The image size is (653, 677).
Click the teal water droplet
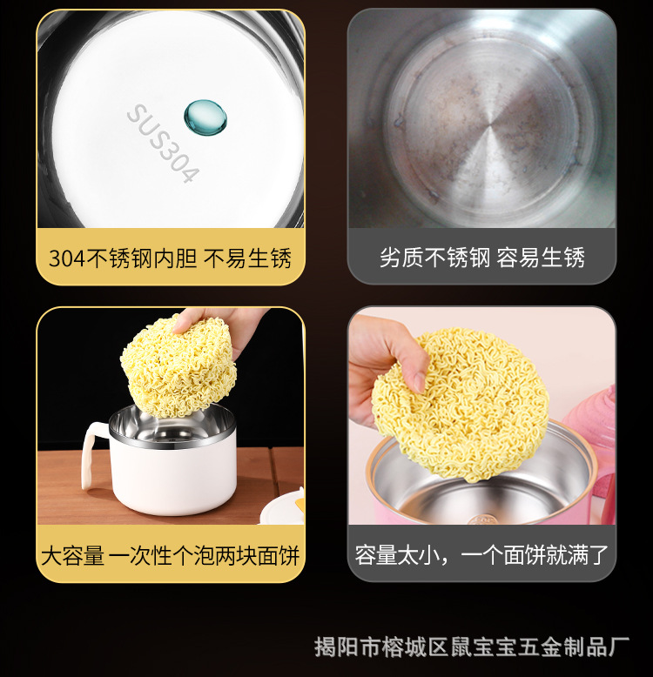pos(205,116)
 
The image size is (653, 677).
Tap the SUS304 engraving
pos(164,144)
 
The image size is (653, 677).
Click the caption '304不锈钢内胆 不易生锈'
pos(170,258)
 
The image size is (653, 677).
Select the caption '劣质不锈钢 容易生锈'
pos(481,258)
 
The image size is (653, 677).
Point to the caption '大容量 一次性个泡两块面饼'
pos(170,555)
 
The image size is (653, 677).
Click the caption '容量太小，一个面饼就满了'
pos(481,555)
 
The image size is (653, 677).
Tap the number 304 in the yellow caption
pos(65,258)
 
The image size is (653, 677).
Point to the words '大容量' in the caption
pos(73,555)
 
